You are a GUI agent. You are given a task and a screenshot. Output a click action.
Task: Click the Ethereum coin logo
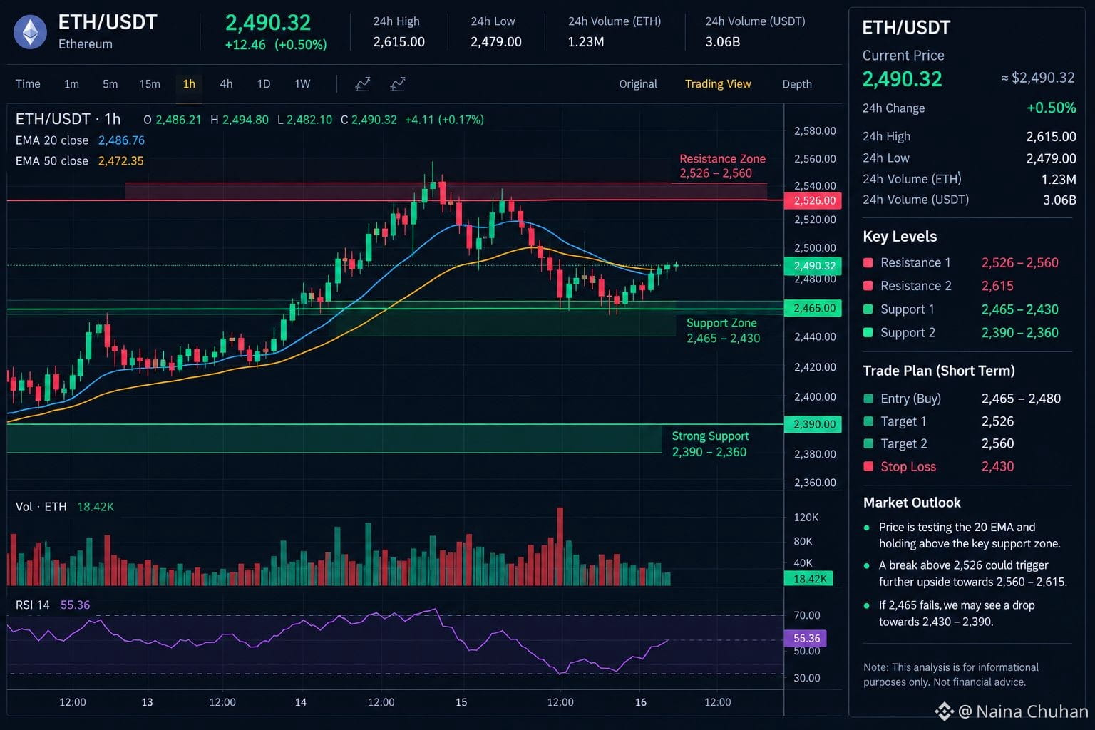point(31,32)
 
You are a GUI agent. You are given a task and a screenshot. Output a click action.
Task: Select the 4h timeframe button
point(226,84)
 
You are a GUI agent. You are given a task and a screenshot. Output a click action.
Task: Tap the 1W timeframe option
point(302,84)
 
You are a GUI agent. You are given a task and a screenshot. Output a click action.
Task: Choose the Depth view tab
point(797,84)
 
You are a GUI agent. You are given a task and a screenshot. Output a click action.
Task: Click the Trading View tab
point(718,84)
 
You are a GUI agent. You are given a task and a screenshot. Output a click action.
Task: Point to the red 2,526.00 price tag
point(813,200)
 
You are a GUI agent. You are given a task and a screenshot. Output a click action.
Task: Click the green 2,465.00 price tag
point(813,308)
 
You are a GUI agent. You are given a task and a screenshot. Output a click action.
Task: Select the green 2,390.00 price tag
point(813,424)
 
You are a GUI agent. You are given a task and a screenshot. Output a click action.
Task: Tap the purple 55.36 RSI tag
point(805,638)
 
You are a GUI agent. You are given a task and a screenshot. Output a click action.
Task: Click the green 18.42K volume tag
point(808,579)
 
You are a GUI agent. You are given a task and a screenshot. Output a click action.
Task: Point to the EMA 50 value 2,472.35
point(120,161)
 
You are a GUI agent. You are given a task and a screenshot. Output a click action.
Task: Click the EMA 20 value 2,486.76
point(121,140)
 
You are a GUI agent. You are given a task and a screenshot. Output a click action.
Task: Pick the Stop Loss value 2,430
point(997,466)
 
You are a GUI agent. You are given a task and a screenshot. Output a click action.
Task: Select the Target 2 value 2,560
point(997,443)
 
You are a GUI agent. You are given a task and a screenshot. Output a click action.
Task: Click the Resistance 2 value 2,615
point(997,286)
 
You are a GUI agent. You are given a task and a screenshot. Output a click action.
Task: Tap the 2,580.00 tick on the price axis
point(814,131)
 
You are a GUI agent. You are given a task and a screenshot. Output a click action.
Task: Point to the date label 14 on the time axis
point(301,702)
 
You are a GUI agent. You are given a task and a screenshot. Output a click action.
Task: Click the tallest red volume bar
point(560,546)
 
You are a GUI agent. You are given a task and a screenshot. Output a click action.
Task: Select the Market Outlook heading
point(912,503)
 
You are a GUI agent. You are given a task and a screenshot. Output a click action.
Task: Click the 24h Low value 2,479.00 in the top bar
point(495,42)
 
